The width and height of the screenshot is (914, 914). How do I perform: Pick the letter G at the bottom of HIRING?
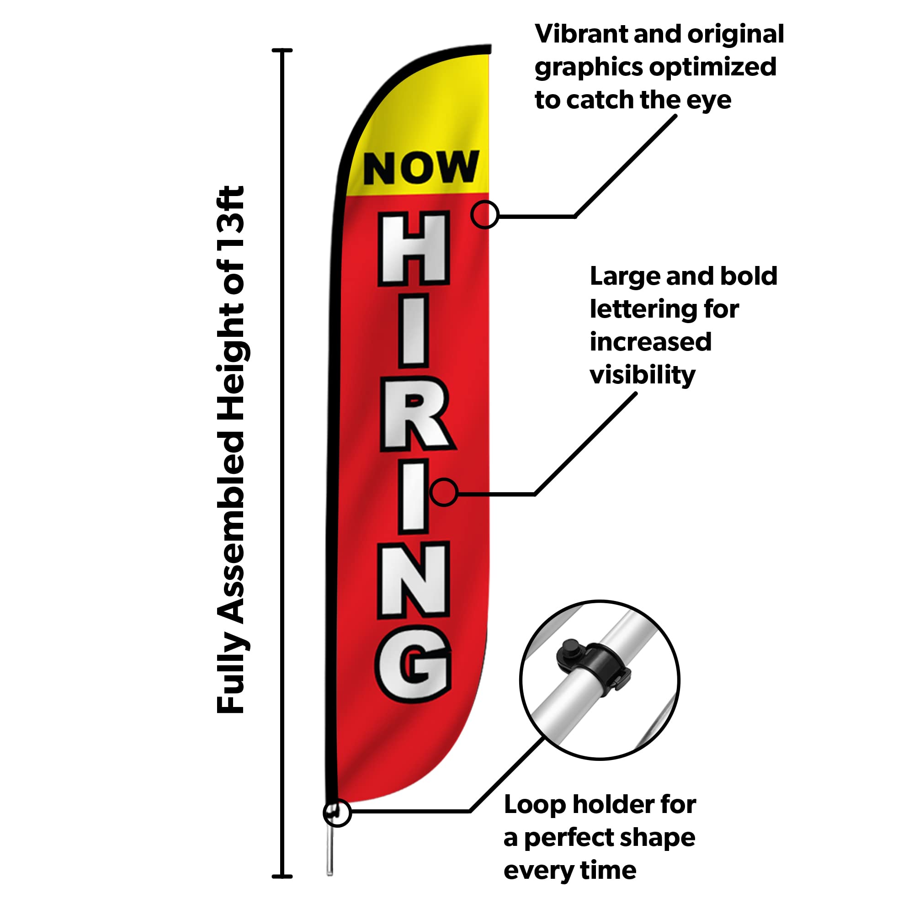coord(414,664)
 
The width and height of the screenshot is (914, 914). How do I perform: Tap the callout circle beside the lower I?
coord(444,492)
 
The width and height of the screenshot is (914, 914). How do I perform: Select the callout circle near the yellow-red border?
coord(484,214)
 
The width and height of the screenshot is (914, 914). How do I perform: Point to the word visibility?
coord(643,375)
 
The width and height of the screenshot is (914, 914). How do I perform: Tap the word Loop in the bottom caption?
coord(535,804)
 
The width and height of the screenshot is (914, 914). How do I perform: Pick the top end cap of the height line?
coord(282,50)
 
